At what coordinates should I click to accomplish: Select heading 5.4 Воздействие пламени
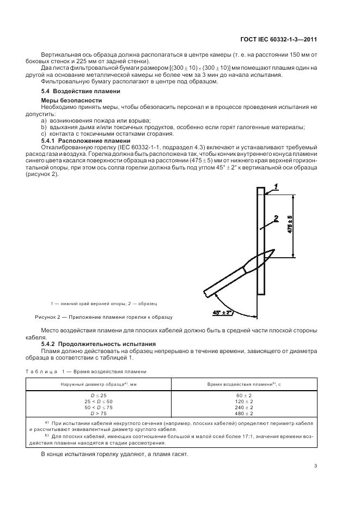[73, 91]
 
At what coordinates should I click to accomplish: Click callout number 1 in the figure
[276, 187]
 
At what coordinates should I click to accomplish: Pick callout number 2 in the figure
[276, 219]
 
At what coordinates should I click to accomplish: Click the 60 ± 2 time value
[242, 393]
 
